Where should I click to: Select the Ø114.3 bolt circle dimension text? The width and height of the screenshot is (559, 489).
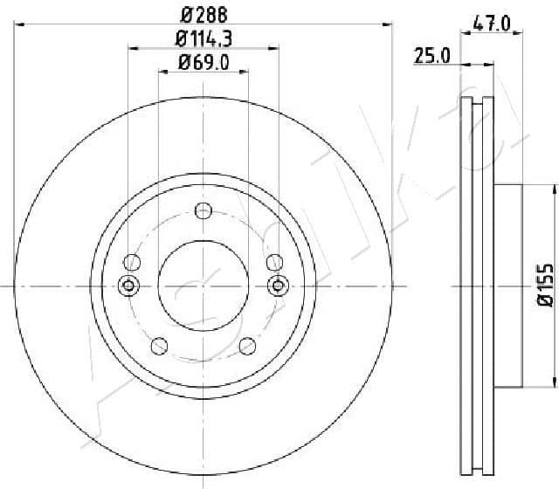click(203, 38)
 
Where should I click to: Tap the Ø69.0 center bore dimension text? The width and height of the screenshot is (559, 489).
click(203, 62)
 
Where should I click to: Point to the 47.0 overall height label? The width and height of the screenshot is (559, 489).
click(491, 24)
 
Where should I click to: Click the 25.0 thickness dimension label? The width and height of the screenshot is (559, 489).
click(431, 56)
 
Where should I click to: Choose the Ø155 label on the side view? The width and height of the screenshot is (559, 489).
click(544, 286)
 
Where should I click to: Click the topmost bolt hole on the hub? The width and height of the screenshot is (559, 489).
click(204, 210)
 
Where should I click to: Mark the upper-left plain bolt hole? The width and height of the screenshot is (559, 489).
click(134, 261)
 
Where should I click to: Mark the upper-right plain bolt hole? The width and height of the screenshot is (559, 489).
click(273, 261)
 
